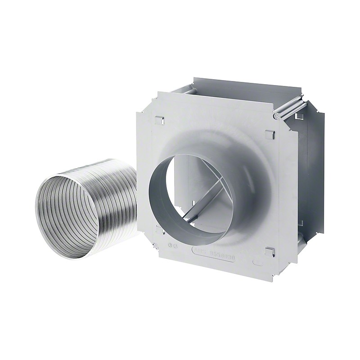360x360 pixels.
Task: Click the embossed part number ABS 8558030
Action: [215, 251]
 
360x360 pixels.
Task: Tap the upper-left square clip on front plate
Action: [158, 120]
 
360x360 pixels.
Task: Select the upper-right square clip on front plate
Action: [270, 134]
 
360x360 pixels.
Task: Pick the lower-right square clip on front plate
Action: [269, 251]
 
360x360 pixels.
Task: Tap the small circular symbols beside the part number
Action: [173, 245]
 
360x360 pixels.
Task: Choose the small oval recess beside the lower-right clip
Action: [258, 261]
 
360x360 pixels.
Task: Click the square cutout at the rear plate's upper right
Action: [299, 116]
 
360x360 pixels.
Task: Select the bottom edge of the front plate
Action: [216, 272]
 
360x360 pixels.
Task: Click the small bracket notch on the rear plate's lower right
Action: [301, 223]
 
